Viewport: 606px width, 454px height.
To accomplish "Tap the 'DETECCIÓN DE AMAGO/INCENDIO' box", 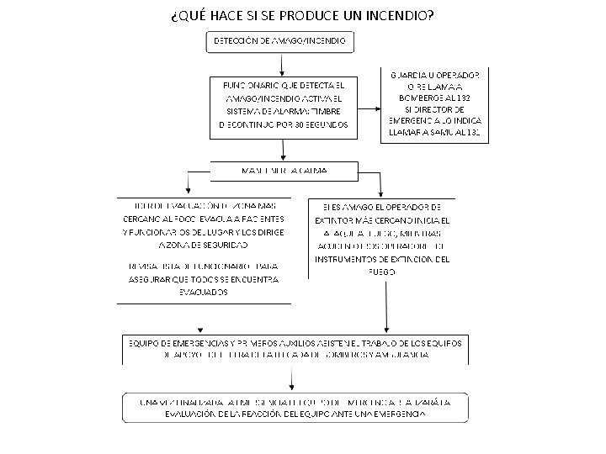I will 283,41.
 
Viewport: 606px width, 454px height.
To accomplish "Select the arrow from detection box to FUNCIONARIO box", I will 283,66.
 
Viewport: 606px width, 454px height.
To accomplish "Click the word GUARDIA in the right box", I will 407,74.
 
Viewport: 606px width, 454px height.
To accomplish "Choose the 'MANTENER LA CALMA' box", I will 284,171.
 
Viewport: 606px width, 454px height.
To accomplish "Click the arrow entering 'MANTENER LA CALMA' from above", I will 284,154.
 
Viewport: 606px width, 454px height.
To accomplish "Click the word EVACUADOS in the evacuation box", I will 202,291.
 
